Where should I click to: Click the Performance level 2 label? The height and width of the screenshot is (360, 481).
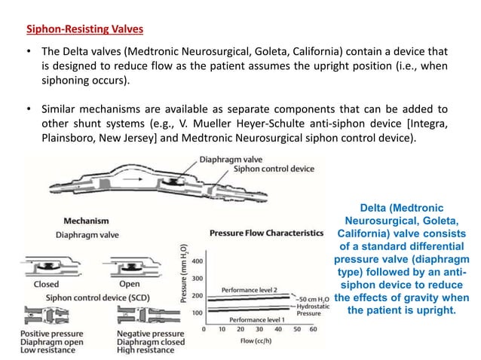click(252, 289)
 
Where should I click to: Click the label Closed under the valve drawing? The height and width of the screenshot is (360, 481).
click(42, 284)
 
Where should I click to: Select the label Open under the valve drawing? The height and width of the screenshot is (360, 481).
click(129, 284)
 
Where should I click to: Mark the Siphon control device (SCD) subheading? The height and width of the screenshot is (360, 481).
click(84, 297)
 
